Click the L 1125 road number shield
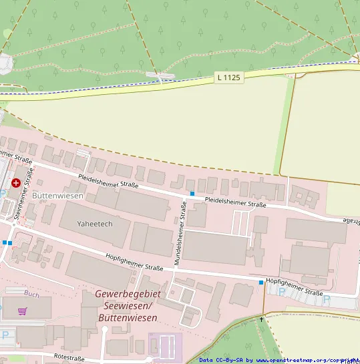228,78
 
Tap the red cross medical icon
15,182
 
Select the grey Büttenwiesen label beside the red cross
57,196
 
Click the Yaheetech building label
95,224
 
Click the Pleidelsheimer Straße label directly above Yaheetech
108,181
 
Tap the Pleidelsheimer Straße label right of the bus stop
235,202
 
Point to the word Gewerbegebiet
128,295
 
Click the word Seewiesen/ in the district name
129,307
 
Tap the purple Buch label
31,293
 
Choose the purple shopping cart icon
23,311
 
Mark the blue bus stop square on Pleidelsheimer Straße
192,194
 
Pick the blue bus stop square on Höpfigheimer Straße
261,283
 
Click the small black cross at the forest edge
261,319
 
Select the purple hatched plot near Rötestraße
165,345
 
